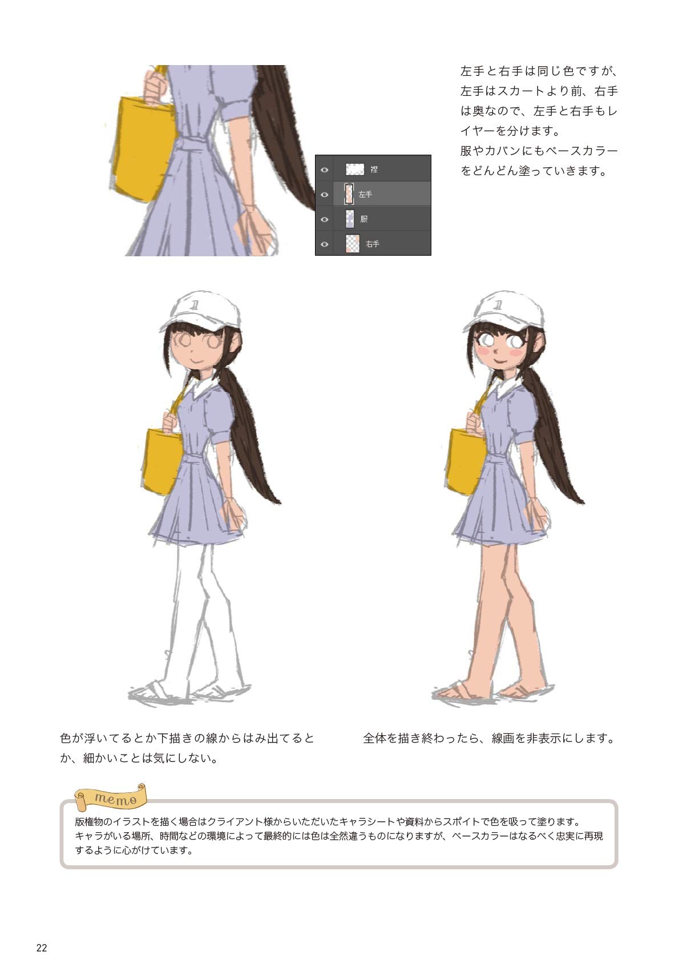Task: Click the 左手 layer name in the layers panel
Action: (x=365, y=195)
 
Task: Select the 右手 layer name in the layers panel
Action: (x=373, y=244)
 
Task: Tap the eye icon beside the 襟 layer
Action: (x=325, y=170)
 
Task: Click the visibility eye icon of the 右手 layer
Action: (x=325, y=244)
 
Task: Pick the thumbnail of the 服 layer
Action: (x=350, y=219)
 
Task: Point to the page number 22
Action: (x=42, y=948)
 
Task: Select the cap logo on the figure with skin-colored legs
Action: (x=499, y=304)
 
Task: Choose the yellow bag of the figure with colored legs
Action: (x=466, y=461)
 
